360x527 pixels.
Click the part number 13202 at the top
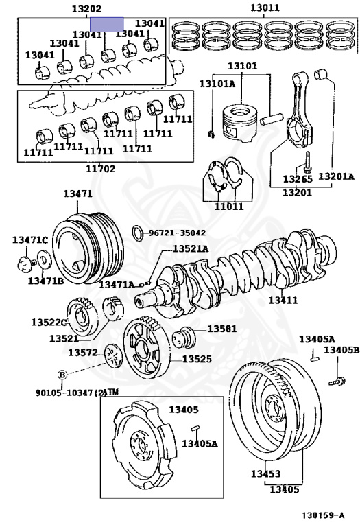coord(86,9)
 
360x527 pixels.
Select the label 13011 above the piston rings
coord(265,8)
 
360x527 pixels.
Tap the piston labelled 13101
coord(241,123)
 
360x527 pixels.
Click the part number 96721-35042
coord(177,233)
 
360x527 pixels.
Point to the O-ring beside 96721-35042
coord(137,233)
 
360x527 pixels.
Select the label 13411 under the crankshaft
coord(283,300)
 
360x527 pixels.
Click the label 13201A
coord(336,176)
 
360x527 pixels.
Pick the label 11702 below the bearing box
coord(100,168)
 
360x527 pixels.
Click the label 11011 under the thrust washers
coord(229,207)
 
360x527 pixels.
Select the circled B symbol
coord(63,375)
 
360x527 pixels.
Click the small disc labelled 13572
coord(113,356)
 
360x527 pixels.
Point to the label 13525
coord(197,359)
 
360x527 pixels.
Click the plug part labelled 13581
coord(184,338)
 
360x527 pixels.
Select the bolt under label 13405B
coord(337,382)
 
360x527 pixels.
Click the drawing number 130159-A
coord(323,515)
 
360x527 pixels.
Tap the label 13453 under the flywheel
coord(265,473)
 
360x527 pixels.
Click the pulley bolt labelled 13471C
coord(27,263)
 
